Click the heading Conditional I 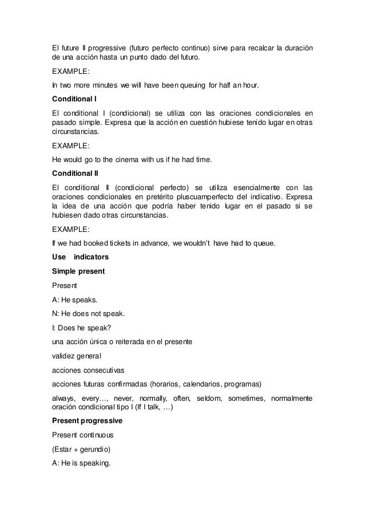[x=74, y=99]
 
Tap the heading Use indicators [x=80, y=257]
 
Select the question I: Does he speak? [x=79, y=327]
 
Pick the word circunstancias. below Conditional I [x=74, y=131]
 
